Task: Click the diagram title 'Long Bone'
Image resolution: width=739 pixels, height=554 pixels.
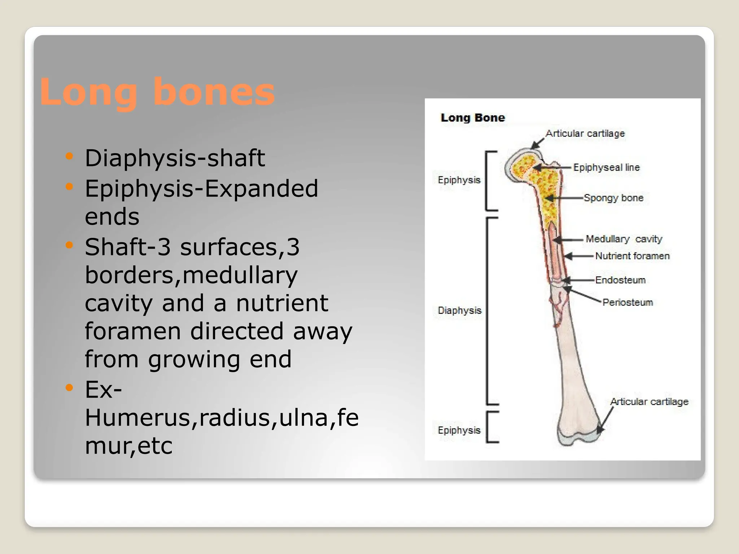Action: (472, 118)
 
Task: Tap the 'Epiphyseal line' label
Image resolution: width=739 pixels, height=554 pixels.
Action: (606, 167)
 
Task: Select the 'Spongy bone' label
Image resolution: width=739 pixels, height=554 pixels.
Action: (613, 198)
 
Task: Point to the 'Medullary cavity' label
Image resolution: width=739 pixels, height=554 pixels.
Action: (624, 239)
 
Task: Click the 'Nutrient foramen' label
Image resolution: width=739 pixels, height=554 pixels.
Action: (632, 256)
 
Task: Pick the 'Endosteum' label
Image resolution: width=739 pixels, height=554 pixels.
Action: (620, 280)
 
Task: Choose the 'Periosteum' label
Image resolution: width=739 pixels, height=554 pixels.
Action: (628, 302)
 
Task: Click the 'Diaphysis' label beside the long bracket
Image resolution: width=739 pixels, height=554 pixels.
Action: (459, 310)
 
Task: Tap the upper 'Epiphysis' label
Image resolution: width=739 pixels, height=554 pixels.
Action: (459, 180)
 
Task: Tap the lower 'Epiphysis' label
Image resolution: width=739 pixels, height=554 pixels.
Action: (459, 430)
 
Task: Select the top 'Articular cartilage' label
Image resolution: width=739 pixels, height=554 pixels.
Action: (585, 133)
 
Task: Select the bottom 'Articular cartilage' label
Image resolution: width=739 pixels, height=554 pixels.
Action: (649, 401)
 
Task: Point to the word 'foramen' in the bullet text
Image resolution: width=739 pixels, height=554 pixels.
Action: (132, 331)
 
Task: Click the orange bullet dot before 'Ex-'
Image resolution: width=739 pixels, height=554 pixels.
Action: (69, 388)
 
